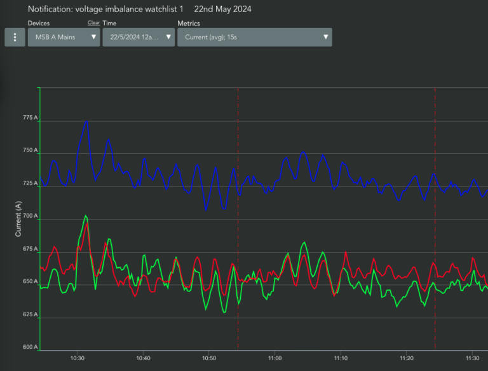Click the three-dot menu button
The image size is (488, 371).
point(15,37)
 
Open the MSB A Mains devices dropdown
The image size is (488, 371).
point(64,37)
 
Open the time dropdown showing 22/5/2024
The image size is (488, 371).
point(139,37)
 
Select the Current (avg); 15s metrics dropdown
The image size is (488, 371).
point(255,37)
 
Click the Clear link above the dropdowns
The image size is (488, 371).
point(93,23)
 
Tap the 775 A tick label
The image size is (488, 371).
point(30,118)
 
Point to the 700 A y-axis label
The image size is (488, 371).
point(30,216)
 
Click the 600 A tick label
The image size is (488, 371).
point(30,347)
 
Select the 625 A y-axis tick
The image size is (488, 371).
point(30,314)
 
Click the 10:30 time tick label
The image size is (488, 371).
point(77,358)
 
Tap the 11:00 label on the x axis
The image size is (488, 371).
point(274,358)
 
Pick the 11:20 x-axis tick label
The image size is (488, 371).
point(407,358)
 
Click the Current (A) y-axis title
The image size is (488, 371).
point(18,219)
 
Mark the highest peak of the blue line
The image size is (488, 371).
point(87,121)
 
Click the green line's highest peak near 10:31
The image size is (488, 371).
point(86,216)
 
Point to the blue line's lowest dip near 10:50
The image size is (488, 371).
point(206,211)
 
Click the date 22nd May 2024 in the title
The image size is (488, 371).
point(223,9)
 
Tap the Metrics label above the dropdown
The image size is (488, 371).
point(189,24)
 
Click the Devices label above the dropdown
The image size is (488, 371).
point(39,23)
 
